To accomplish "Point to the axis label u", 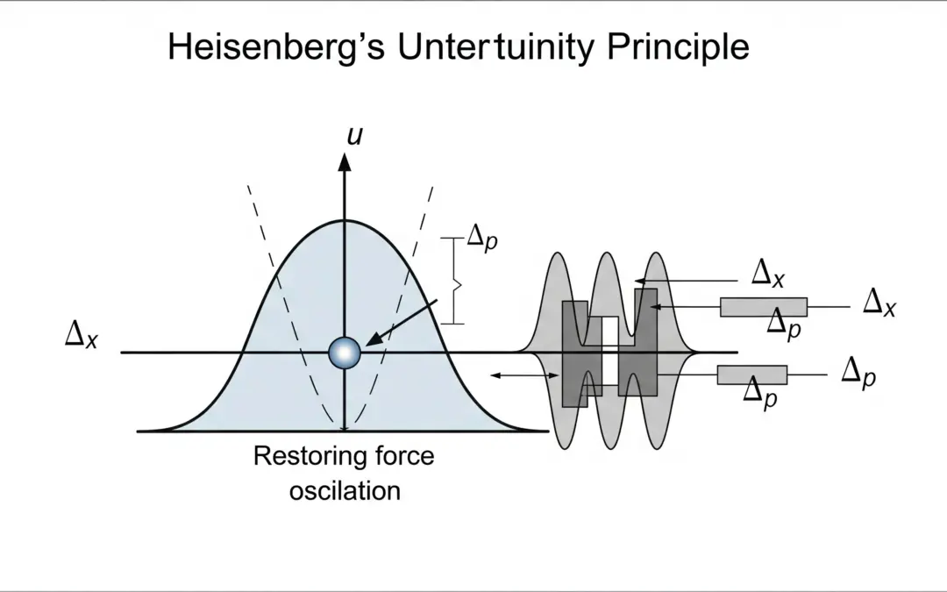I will (355, 136).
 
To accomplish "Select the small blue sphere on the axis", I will (345, 353).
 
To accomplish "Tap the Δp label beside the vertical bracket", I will (481, 239).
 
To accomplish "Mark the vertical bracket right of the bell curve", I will (454, 280).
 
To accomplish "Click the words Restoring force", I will (344, 456).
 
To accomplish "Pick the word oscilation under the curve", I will (345, 489).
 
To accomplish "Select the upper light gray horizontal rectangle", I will (763, 307).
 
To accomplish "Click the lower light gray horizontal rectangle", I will (751, 375).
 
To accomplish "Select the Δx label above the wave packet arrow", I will (767, 273).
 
